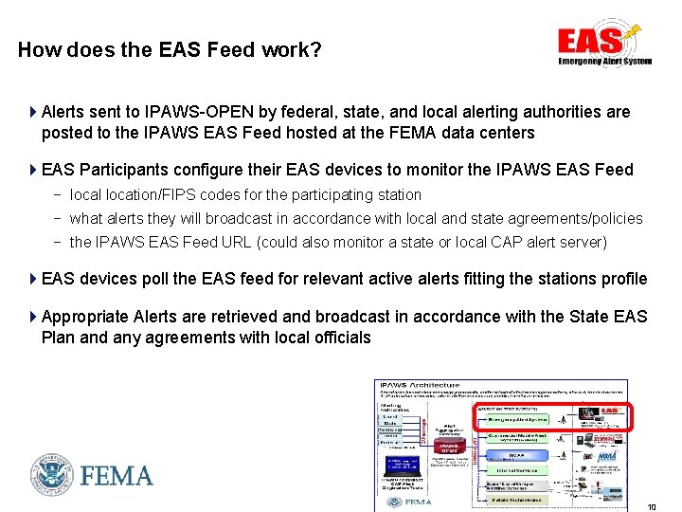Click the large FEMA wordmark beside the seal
click(117, 475)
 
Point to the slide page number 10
click(652, 506)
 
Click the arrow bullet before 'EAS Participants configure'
click(33, 170)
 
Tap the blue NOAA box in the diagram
click(515, 455)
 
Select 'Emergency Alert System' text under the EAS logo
click(604, 61)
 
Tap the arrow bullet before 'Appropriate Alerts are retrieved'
click(33, 316)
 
